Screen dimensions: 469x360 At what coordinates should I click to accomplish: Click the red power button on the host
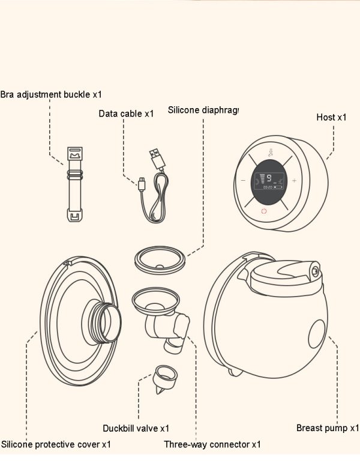point(263,211)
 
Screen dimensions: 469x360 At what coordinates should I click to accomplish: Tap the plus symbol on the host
point(294,181)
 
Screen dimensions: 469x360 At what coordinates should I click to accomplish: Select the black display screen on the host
point(268,181)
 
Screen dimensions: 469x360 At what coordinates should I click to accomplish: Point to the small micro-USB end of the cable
point(141,184)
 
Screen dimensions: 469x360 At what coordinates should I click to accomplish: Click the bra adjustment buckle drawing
point(75,184)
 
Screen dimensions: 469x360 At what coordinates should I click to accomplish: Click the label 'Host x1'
point(331,117)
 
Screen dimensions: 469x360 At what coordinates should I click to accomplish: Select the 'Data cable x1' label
point(126,113)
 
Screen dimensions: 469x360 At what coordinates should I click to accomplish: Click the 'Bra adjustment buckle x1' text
point(51,94)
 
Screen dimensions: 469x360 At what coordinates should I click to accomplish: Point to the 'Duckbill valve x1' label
point(136,428)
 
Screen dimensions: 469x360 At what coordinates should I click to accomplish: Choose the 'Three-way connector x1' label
point(212,444)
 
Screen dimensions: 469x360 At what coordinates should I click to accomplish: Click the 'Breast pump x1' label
point(328,428)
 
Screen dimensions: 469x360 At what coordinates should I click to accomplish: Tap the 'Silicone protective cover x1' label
point(56,444)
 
